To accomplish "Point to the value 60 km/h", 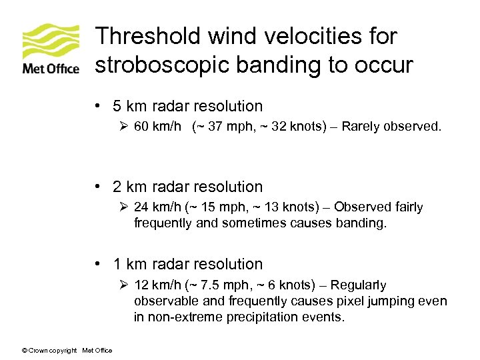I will click(157, 127).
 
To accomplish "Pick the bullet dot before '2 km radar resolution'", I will click(98, 187).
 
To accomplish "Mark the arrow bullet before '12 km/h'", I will click(124, 285).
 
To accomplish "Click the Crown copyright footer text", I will click(67, 351).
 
